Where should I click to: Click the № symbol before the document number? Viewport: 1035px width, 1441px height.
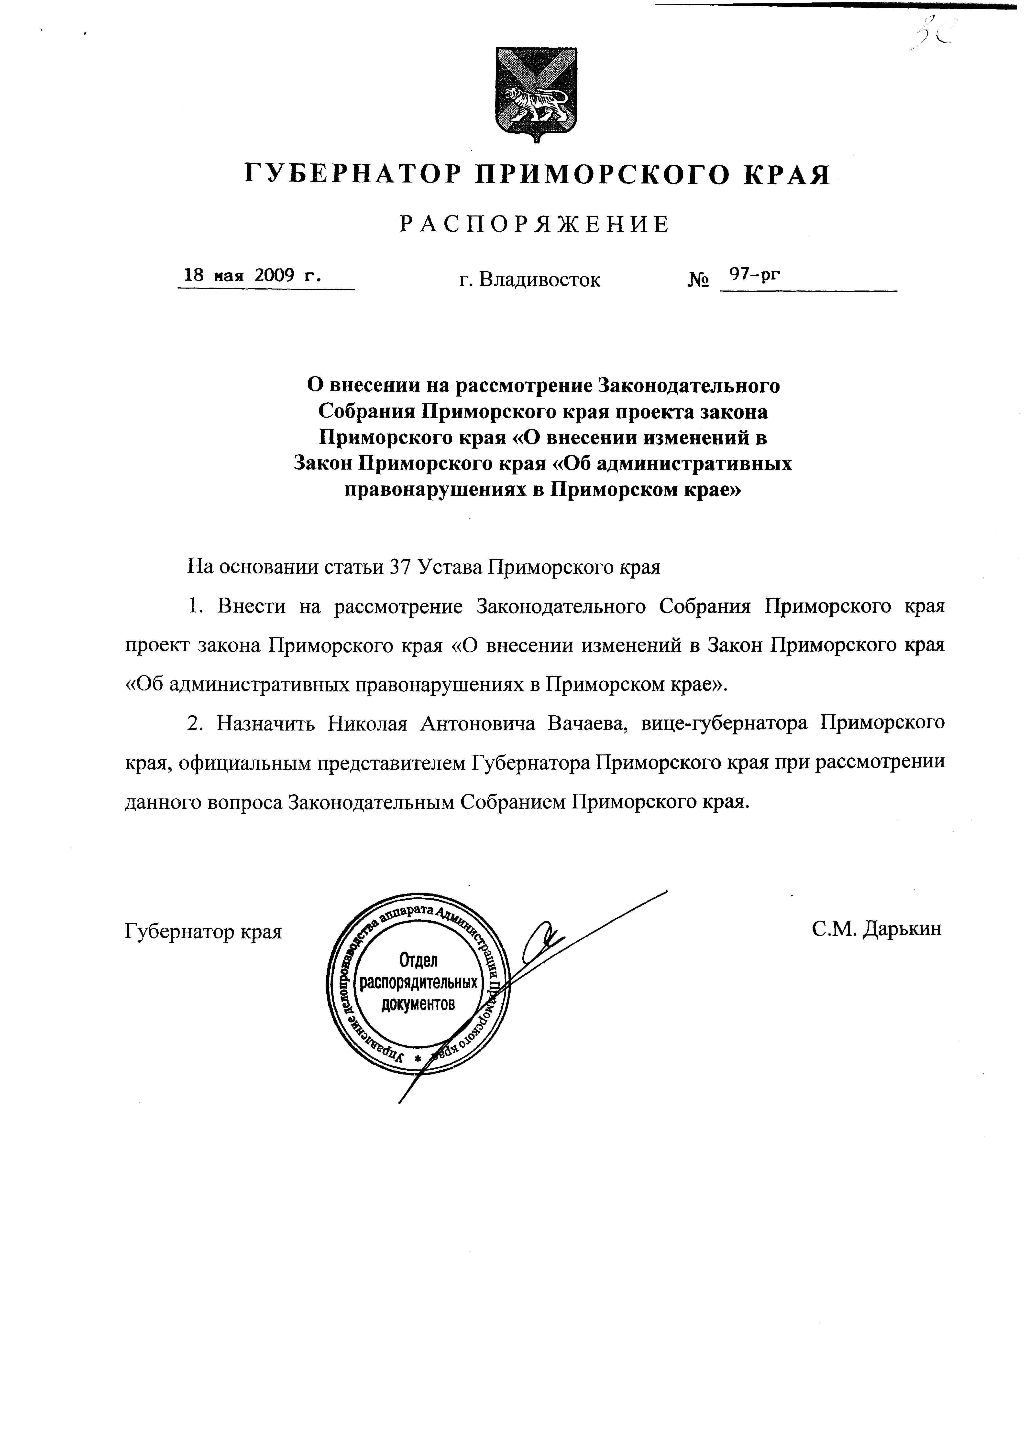(698, 280)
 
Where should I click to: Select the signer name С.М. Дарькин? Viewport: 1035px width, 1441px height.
(876, 928)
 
